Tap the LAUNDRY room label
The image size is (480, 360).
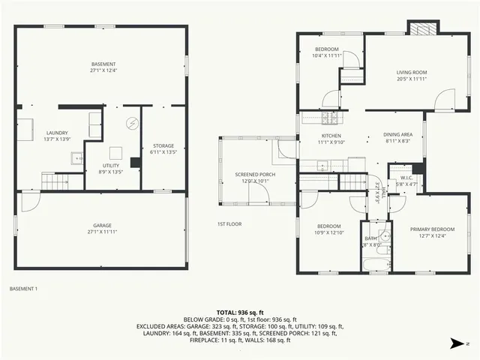(56, 136)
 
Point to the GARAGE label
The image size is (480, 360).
(102, 228)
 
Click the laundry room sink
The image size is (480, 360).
(77, 157)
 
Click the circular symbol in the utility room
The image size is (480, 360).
(132, 124)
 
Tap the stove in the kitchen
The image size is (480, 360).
(330, 118)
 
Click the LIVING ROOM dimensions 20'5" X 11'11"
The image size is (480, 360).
(412, 79)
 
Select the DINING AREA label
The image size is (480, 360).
(397, 136)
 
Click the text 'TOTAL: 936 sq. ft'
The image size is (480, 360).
(239, 311)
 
